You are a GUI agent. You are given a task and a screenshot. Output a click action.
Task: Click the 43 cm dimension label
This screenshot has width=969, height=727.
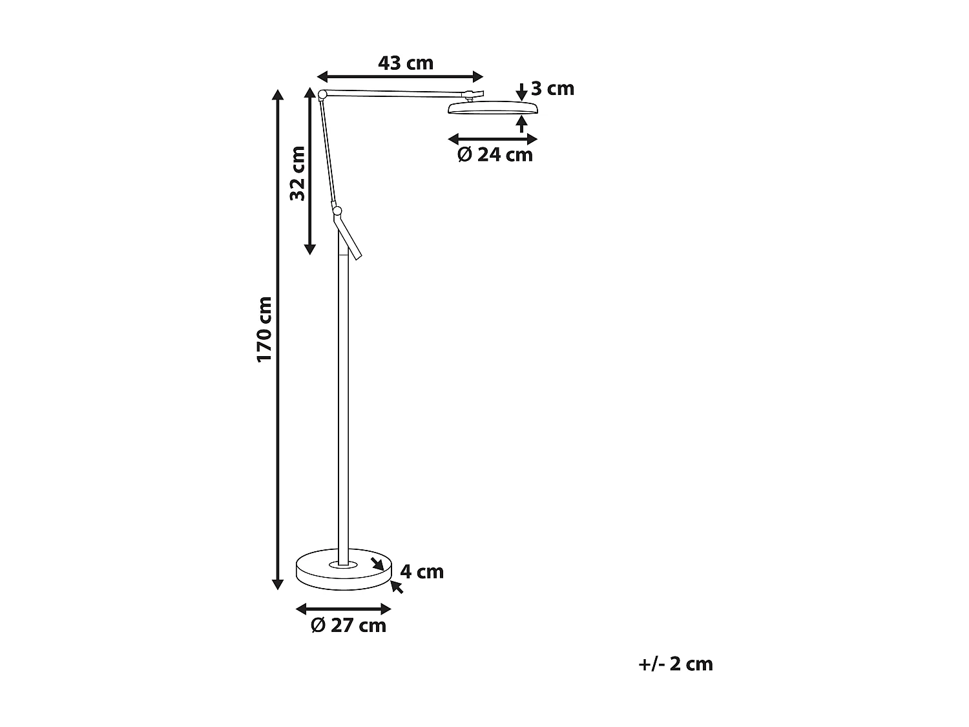coord(405,63)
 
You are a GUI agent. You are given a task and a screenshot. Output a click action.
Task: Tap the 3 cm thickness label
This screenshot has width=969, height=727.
coord(552,89)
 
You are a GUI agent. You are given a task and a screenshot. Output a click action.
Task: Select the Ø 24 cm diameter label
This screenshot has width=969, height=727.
coord(495,155)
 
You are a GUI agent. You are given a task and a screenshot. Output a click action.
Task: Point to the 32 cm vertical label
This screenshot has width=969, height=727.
coord(298,173)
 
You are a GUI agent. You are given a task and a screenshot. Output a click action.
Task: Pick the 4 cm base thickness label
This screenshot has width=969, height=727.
coord(422,572)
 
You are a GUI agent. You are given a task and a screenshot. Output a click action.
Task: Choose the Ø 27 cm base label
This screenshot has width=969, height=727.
coord(348,626)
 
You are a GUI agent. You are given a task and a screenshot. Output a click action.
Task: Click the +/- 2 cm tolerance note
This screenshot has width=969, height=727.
coord(675,664)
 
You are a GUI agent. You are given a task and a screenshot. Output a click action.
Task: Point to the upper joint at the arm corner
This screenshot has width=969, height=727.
coord(322,95)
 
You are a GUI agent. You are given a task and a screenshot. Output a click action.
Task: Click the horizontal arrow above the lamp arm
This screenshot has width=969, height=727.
coord(401,76)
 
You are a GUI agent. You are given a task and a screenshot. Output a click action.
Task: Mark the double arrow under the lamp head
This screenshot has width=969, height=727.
coord(493,139)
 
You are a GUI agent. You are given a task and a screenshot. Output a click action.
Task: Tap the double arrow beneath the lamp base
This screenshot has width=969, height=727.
coord(344,609)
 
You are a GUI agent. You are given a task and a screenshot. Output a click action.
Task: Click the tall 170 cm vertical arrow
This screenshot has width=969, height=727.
coord(278,339)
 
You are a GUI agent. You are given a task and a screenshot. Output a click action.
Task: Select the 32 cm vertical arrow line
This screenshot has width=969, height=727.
coord(310,171)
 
